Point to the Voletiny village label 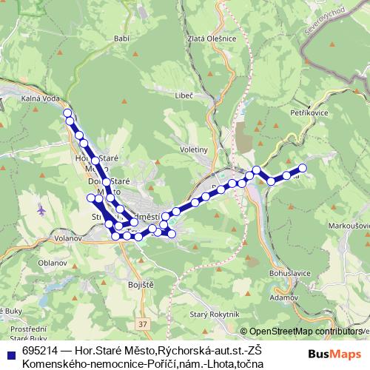coord(194,149)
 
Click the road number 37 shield coord(143,324)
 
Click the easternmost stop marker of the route coord(302,167)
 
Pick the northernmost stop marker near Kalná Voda coord(67,113)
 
